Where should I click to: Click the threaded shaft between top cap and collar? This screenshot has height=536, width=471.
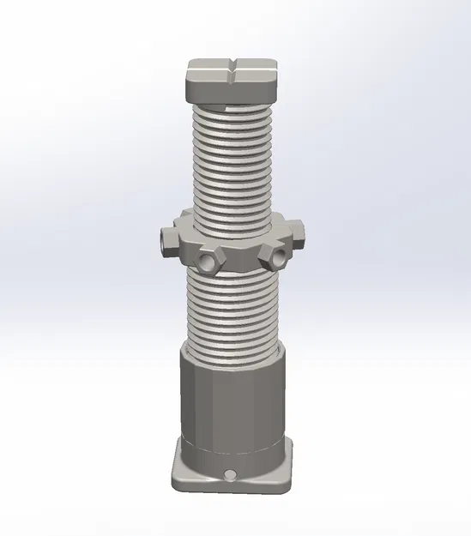click(x=232, y=163)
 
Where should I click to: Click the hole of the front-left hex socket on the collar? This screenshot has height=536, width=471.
click(x=207, y=259)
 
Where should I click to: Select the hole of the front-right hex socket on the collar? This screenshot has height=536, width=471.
click(x=276, y=256)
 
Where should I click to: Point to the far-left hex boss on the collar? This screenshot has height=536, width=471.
click(x=165, y=240)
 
